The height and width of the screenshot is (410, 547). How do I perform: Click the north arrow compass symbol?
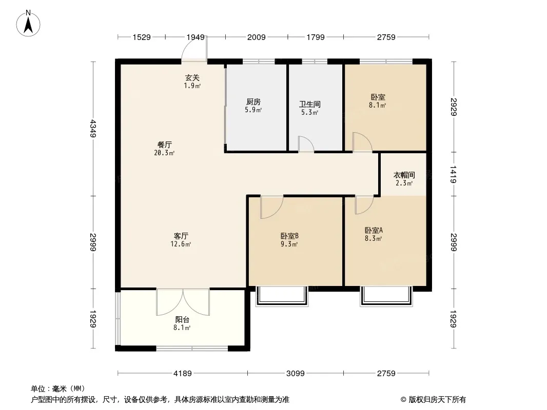28,24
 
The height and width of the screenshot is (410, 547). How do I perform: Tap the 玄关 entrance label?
192,78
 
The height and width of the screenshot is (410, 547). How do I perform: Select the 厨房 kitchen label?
253,101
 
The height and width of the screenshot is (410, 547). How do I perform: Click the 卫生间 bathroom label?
310,104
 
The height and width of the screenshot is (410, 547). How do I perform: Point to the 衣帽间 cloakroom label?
404,175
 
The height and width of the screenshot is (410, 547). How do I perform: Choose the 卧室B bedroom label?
289,236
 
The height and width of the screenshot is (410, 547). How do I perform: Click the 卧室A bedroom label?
374,230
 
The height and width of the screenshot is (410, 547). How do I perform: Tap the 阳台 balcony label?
182,319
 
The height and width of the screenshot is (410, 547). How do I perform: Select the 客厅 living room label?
181,236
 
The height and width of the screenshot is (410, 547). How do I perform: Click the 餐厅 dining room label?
164,145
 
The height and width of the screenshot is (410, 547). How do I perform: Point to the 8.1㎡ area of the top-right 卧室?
378,105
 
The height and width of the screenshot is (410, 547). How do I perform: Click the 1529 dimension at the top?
142,37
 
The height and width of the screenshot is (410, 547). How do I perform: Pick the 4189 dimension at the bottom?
183,374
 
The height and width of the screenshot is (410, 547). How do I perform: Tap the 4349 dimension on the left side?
93,128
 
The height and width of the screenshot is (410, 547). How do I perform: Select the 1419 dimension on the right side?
453,174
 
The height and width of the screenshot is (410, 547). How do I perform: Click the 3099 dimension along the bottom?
296,374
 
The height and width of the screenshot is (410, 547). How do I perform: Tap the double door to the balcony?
183,302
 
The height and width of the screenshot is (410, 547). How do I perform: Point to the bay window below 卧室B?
282,296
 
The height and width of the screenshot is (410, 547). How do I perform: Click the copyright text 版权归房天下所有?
437,400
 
